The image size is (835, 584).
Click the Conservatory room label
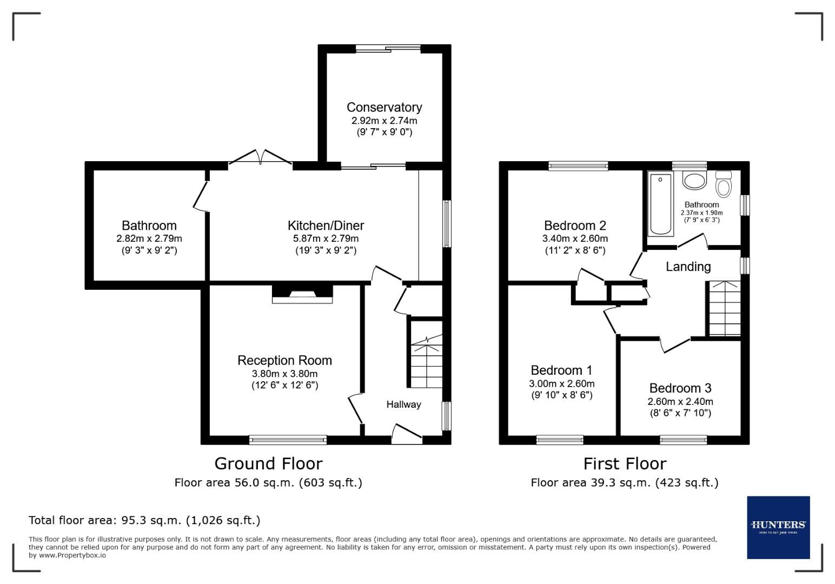tap(384, 107)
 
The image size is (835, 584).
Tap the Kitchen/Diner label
tap(326, 225)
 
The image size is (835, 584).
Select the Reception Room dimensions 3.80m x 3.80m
tap(284, 374)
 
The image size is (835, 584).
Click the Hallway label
tap(403, 404)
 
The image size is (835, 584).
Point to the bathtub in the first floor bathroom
tap(660, 203)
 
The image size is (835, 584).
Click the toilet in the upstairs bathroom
tap(723, 184)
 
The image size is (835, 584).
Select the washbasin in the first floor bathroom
tap(694, 180)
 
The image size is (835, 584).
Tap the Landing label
tap(688, 267)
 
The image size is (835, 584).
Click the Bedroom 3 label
tap(680, 388)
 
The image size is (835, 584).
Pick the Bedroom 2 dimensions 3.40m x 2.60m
tap(575, 238)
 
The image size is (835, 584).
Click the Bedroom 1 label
tap(561, 370)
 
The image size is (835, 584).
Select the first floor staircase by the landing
tap(724, 309)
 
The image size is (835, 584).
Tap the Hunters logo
tap(778, 527)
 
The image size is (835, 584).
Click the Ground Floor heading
tap(268, 463)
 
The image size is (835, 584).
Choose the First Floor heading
tap(625, 463)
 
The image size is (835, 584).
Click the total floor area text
tap(144, 520)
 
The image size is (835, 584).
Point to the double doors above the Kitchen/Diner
tap(261, 157)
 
